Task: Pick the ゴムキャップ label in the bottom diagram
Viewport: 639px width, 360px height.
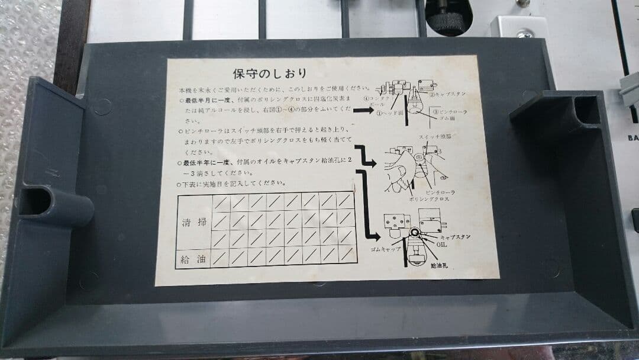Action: click(388, 249)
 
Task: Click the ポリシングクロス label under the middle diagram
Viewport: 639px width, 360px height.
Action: click(429, 200)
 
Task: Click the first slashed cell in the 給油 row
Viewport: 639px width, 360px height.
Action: click(221, 258)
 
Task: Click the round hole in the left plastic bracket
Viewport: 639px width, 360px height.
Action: click(35, 201)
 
